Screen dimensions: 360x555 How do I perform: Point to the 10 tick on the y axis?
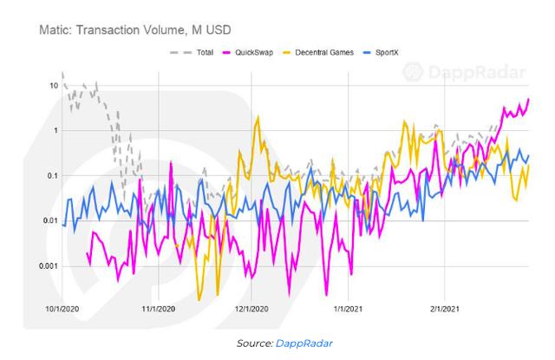coord(53,86)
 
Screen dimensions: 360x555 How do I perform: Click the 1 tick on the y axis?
coord(55,131)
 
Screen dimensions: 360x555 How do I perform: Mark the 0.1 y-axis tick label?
coord(51,176)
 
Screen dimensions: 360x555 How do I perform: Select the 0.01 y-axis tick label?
coord(49,221)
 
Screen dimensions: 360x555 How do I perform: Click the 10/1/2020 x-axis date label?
coord(63,308)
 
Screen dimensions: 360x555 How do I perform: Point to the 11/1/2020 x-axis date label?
coord(159,308)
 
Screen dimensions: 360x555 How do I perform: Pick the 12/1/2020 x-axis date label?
coord(251,308)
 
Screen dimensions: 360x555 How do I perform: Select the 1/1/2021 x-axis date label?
coord(348,308)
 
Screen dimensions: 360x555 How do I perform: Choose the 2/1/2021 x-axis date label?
coord(444,308)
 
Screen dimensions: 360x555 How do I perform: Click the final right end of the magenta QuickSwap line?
coord(528,100)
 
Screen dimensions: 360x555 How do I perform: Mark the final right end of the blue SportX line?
coord(528,156)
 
